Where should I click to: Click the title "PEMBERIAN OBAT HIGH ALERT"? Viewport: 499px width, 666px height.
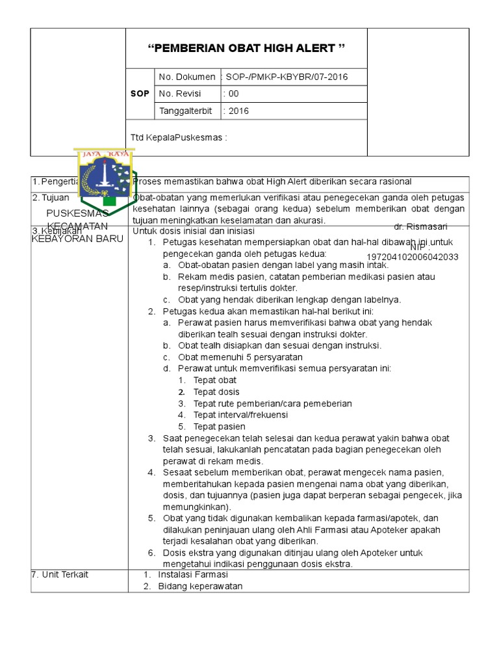(x=246, y=49)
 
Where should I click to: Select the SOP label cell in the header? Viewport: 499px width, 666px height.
(x=140, y=94)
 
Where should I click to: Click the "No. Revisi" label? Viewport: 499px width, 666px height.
(x=180, y=94)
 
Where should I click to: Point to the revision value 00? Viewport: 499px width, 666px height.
(x=231, y=94)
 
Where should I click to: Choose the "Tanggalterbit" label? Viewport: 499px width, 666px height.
(x=185, y=111)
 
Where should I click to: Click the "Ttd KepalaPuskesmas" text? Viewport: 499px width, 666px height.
(x=179, y=137)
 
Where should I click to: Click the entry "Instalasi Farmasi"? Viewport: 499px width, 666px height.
(x=193, y=574)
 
